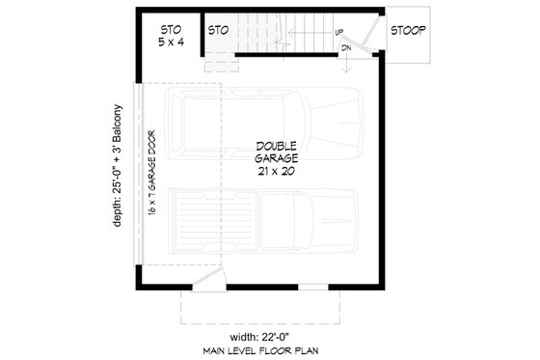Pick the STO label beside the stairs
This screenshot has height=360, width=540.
[x=218, y=30]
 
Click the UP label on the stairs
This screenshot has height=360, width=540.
[x=339, y=33]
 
